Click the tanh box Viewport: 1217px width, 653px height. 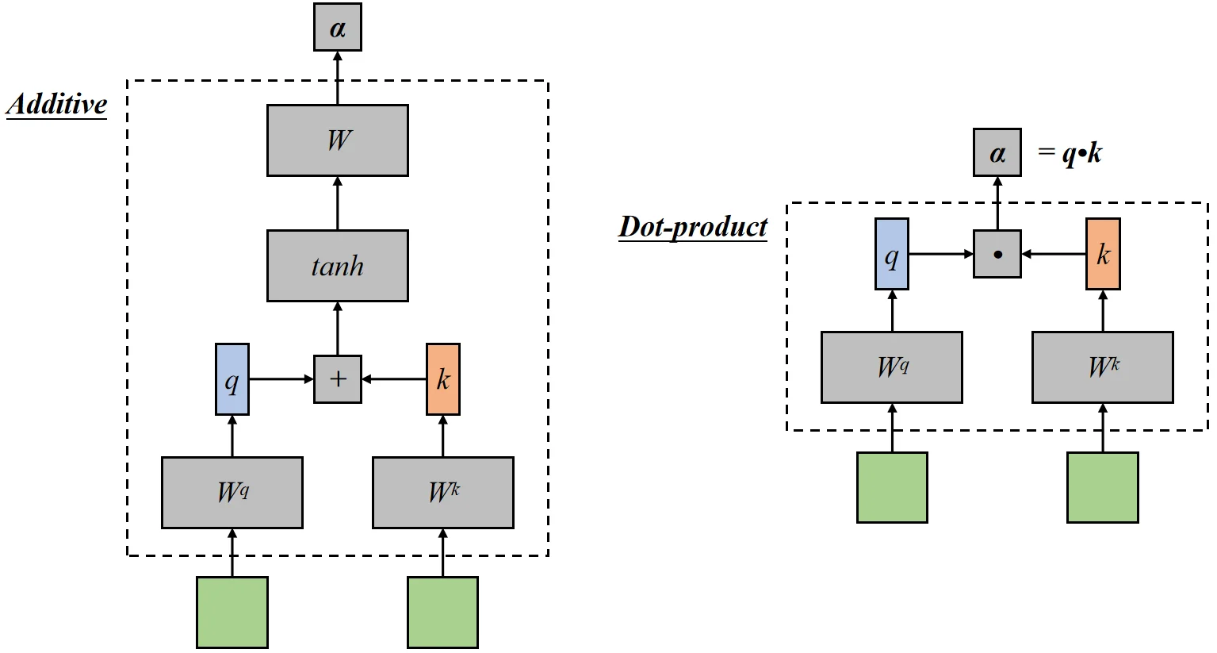[338, 266]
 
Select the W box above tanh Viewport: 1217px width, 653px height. [338, 140]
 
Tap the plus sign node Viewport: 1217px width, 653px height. [338, 379]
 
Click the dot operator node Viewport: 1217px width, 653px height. [997, 254]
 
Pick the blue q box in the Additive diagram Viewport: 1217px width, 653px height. [232, 379]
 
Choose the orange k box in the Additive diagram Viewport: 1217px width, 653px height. [443, 379]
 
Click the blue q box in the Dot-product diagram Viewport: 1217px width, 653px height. [892, 254]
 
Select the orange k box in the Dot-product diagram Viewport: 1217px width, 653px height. [1103, 254]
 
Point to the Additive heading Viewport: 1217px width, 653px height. [57, 105]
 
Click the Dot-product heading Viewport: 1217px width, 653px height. [693, 227]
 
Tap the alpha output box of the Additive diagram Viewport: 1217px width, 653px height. [338, 28]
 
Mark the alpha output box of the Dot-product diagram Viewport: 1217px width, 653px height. [997, 152]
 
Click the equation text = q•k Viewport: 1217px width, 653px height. [1070, 152]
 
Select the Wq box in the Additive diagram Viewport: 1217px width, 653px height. [232, 493]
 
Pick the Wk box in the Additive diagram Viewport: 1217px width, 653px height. [443, 493]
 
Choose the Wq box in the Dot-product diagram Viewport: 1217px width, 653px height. [892, 367]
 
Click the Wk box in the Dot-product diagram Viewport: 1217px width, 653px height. [1103, 367]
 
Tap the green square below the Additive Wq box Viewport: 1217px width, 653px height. [232, 613]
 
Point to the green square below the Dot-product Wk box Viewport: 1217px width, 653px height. [1103, 487]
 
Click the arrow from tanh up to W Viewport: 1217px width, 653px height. [338, 203]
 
